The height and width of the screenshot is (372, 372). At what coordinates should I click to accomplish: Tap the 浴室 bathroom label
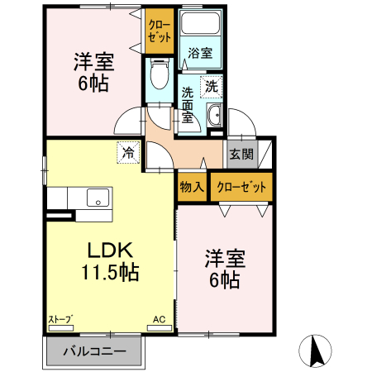coord(199,53)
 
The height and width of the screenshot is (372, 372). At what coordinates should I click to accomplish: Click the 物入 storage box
coord(192,187)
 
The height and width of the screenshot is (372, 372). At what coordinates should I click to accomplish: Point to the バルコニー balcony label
coord(94,351)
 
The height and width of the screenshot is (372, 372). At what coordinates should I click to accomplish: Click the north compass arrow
coord(314,351)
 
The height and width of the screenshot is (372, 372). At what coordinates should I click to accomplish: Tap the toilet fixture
coord(159,79)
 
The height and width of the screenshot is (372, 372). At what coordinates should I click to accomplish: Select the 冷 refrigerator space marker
coord(128,152)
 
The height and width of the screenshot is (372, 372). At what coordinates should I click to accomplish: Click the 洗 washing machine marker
coord(212,85)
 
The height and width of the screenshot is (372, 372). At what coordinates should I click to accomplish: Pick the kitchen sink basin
coord(98,198)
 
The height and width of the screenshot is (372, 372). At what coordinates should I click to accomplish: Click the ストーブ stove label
coord(59,318)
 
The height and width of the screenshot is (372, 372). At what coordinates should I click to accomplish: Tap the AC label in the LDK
coord(160,318)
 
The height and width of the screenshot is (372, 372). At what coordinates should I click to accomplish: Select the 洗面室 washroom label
coord(188,104)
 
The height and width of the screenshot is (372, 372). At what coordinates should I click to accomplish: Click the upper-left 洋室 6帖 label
coord(93,73)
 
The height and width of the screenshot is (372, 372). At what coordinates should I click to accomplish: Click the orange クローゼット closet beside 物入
coord(242,187)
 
